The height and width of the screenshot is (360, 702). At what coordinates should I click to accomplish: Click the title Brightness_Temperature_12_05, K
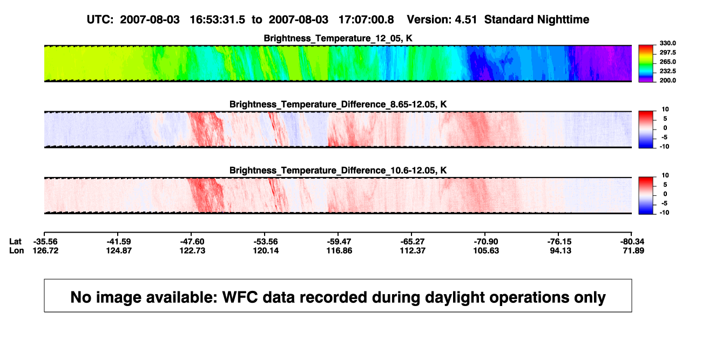pyautogui.click(x=338, y=38)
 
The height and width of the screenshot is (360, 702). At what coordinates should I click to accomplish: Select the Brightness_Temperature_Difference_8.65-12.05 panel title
pyautogui.click(x=338, y=104)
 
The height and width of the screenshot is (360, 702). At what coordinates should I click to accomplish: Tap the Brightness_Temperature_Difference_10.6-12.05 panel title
pyautogui.click(x=338, y=171)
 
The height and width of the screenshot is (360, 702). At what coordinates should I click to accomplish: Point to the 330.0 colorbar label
pyautogui.click(x=667, y=43)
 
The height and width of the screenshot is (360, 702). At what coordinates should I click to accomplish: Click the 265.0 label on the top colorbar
pyautogui.click(x=667, y=62)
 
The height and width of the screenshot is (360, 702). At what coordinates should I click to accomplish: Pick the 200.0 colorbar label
pyautogui.click(x=667, y=80)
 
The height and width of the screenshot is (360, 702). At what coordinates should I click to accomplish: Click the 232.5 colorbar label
pyautogui.click(x=667, y=71)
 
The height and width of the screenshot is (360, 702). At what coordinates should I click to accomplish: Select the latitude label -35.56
pyautogui.click(x=45, y=242)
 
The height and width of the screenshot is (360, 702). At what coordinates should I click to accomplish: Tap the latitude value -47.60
pyautogui.click(x=192, y=242)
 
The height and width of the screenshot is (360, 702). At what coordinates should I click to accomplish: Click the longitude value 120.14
pyautogui.click(x=266, y=250)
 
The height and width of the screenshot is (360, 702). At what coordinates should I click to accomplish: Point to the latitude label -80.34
pyautogui.click(x=632, y=242)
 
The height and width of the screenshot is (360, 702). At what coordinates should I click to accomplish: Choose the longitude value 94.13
pyautogui.click(x=561, y=250)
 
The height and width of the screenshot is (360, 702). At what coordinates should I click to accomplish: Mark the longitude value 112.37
pyautogui.click(x=413, y=250)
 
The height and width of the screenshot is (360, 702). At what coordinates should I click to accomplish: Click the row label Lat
pyautogui.click(x=15, y=242)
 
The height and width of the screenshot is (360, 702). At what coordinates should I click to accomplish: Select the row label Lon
pyautogui.click(x=16, y=250)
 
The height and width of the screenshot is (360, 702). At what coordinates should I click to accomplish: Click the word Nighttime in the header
pyautogui.click(x=563, y=20)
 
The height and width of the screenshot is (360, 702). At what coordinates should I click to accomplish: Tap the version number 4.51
pyautogui.click(x=465, y=20)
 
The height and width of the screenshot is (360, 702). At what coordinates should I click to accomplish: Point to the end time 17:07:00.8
pyautogui.click(x=366, y=20)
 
